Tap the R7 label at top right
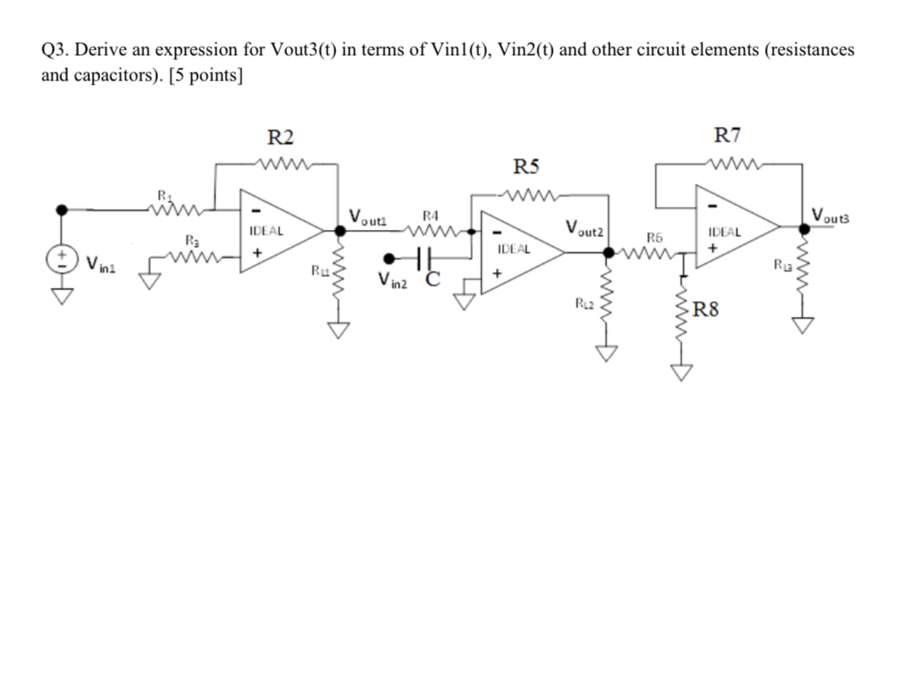pyautogui.click(x=727, y=135)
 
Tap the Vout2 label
pyautogui.click(x=585, y=228)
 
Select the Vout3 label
pyautogui.click(x=835, y=215)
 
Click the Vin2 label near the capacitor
pyautogui.click(x=394, y=282)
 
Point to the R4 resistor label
pyautogui.click(x=430, y=217)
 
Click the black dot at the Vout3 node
pyautogui.click(x=802, y=226)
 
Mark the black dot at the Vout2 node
pyautogui.click(x=608, y=251)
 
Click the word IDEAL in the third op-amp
pyautogui.click(x=724, y=230)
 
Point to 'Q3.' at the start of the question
pyautogui.click(x=54, y=50)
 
